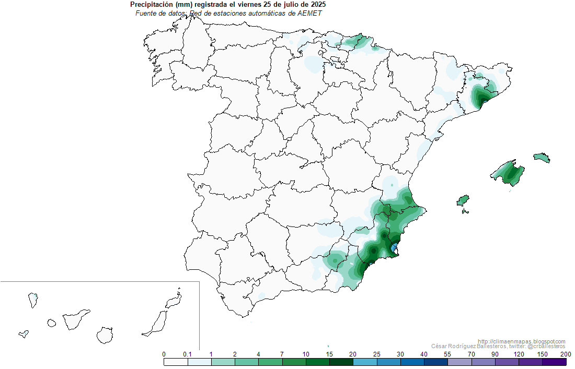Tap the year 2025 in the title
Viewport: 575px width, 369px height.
click(317, 5)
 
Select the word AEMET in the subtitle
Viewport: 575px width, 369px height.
click(309, 13)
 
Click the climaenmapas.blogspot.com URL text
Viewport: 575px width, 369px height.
click(521, 341)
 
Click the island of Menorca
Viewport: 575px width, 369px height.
click(542, 158)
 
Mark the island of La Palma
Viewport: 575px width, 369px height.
click(32, 300)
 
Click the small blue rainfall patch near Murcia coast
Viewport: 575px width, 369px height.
click(395, 246)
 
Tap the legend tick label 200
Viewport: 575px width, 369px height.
click(566, 354)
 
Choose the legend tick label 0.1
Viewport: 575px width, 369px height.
click(187, 354)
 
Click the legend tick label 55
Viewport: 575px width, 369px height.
click(448, 354)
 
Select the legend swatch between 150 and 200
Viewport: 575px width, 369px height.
click(554, 362)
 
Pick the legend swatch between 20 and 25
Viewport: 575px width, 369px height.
click(365, 362)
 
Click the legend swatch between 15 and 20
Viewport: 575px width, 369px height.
click(341, 362)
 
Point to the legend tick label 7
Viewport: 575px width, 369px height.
click(282, 354)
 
